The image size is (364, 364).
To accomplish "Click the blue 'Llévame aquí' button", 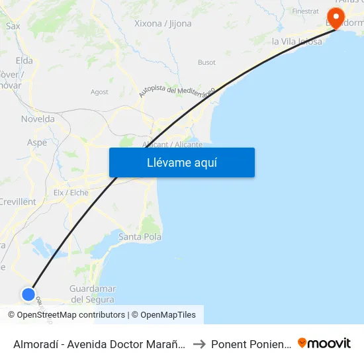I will pyautogui.click(x=181, y=162).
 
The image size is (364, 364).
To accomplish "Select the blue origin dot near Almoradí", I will pyautogui.click(x=28, y=295).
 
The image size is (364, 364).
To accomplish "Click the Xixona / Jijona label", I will pyautogui.click(x=163, y=24).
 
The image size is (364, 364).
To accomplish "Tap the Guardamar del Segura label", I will pyautogui.click(x=93, y=294).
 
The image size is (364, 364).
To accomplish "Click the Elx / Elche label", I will pyautogui.click(x=71, y=193).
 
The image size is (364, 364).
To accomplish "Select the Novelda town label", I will pyautogui.click(x=38, y=119).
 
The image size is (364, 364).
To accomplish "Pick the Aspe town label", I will pyautogui.click(x=36, y=142).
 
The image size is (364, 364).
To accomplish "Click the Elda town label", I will pyautogui.click(x=24, y=61).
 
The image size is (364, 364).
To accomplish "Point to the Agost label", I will pyautogui.click(x=99, y=92).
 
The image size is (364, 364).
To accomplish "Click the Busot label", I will pyautogui.click(x=206, y=63).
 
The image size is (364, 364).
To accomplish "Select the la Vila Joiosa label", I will pyautogui.click(x=297, y=42).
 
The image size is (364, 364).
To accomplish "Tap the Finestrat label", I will pyautogui.click(x=305, y=11).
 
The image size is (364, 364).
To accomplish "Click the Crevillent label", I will pyautogui.click(x=18, y=201).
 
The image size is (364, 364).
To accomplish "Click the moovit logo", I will pyautogui.click(x=324, y=343).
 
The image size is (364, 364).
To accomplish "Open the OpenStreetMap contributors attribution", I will pyautogui.click(x=71, y=315).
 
